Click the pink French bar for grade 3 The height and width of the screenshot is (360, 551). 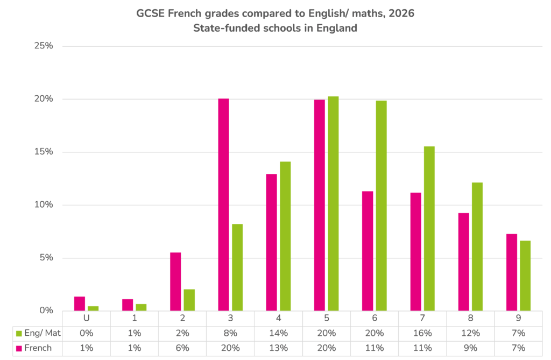click(x=223, y=204)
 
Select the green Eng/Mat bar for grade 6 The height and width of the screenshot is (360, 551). click(x=382, y=206)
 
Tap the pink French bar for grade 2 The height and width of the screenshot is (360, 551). click(x=175, y=281)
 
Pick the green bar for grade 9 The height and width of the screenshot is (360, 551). click(x=525, y=276)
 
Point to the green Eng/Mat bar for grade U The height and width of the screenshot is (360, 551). click(x=93, y=308)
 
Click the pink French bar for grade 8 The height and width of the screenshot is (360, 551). click(x=463, y=262)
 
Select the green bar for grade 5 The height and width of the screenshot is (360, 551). click(x=333, y=203)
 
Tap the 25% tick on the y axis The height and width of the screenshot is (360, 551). click(x=44, y=46)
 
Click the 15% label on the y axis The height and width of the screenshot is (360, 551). click(x=44, y=152)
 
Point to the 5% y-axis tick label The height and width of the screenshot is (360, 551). click(x=46, y=258)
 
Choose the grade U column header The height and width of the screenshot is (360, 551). click(x=87, y=318)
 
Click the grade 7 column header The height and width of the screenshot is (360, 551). click(x=422, y=318)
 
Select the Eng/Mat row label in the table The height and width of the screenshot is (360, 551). click(x=43, y=333)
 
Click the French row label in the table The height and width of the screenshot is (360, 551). click(x=38, y=348)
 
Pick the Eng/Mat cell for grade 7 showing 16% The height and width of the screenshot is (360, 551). click(x=422, y=333)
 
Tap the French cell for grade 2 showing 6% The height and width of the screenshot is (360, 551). click(x=182, y=348)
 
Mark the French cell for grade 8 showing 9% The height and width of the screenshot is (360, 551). click(x=470, y=348)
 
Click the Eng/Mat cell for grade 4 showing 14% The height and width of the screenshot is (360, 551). click(x=279, y=333)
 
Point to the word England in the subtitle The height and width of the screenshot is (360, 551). click(x=337, y=28)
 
